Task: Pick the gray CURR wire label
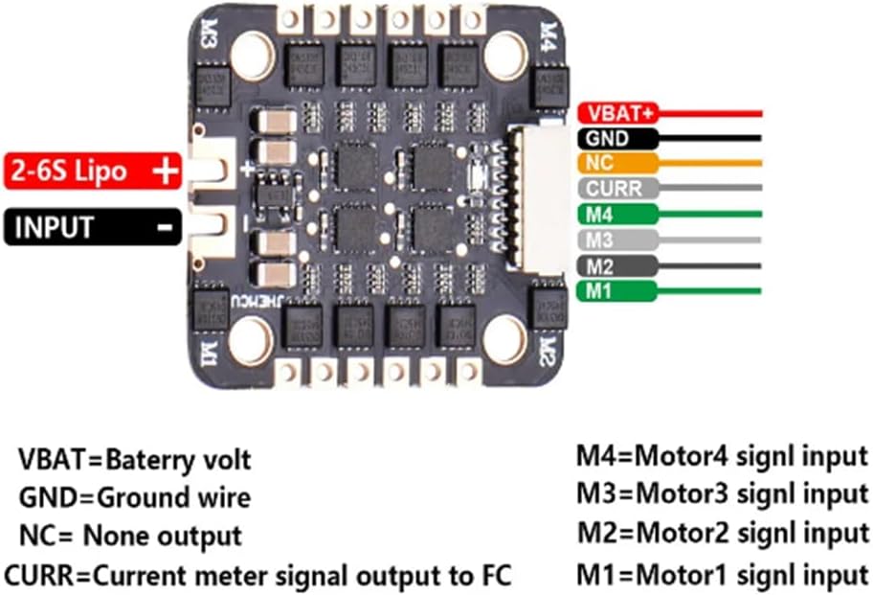614,188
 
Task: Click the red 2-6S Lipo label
93,172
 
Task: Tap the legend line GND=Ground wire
135,497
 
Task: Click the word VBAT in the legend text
53,459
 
